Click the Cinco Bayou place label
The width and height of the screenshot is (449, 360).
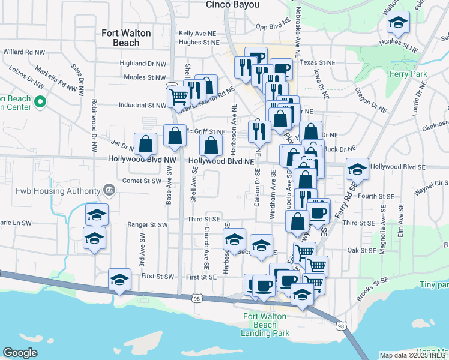[x=233, y=4]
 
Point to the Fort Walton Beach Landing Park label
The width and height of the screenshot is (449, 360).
[x=265, y=325]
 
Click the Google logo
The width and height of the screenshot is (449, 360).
[x=20, y=353]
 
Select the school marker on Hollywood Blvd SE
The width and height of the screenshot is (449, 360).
[x=357, y=169]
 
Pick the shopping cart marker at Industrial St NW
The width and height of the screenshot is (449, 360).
[x=179, y=96]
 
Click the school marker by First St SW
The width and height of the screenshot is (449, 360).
[x=120, y=280]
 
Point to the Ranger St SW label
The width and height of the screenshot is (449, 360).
[x=147, y=225]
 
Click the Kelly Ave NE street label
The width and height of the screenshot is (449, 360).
[x=197, y=34]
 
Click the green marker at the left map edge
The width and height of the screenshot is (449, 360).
[x=40, y=103]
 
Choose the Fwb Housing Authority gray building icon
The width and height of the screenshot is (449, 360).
[x=109, y=191]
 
